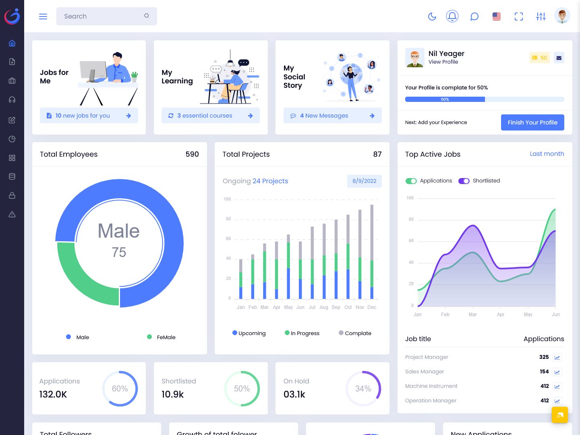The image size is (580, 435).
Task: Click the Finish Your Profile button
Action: click(532, 122)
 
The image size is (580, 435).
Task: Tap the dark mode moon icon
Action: click(432, 17)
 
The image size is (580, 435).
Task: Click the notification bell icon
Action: click(452, 16)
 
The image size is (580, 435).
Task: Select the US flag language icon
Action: click(497, 17)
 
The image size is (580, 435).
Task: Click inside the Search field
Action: click(103, 17)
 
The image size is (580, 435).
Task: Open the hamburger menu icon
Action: click(43, 17)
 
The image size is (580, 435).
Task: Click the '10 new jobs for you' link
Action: click(83, 116)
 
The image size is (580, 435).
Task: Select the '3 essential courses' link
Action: click(205, 116)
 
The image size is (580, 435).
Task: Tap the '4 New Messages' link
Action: click(324, 116)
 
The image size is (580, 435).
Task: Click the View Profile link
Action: click(443, 62)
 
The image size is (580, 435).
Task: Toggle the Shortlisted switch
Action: click(464, 181)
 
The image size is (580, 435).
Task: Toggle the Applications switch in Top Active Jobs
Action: click(411, 181)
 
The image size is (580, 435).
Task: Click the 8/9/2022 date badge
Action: click(364, 181)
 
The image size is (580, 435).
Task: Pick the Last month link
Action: click(547, 154)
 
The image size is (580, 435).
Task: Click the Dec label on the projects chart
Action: click(372, 307)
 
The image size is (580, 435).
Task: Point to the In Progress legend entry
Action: click(302, 333)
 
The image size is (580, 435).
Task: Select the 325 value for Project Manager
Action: click(544, 357)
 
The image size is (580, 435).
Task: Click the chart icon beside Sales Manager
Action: click(557, 372)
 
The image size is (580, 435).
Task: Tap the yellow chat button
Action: click(559, 415)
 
